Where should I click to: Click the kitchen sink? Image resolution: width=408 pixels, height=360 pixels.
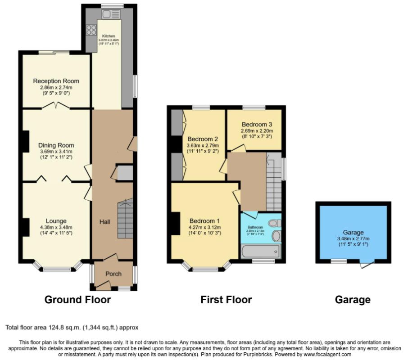[x=109, y=14]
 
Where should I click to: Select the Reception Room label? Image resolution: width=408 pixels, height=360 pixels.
[x=56, y=81]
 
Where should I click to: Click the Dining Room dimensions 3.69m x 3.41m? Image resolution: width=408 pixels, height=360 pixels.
[x=56, y=152]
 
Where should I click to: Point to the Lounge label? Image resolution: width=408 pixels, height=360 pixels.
[x=56, y=221]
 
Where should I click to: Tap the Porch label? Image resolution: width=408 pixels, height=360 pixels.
[x=113, y=274]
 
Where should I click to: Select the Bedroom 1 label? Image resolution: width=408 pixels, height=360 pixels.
[x=204, y=221]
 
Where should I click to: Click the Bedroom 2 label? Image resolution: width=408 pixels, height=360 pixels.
[x=203, y=139]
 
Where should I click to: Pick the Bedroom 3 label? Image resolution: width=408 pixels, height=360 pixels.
[x=257, y=124]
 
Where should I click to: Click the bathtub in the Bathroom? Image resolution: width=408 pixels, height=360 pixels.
[x=260, y=251]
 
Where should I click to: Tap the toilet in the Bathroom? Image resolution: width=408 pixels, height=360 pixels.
[x=275, y=223]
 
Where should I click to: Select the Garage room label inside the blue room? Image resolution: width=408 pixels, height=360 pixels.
[x=353, y=232]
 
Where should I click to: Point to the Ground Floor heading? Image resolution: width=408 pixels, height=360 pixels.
[x=77, y=300]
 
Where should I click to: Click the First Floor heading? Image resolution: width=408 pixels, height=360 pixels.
[x=226, y=300]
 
